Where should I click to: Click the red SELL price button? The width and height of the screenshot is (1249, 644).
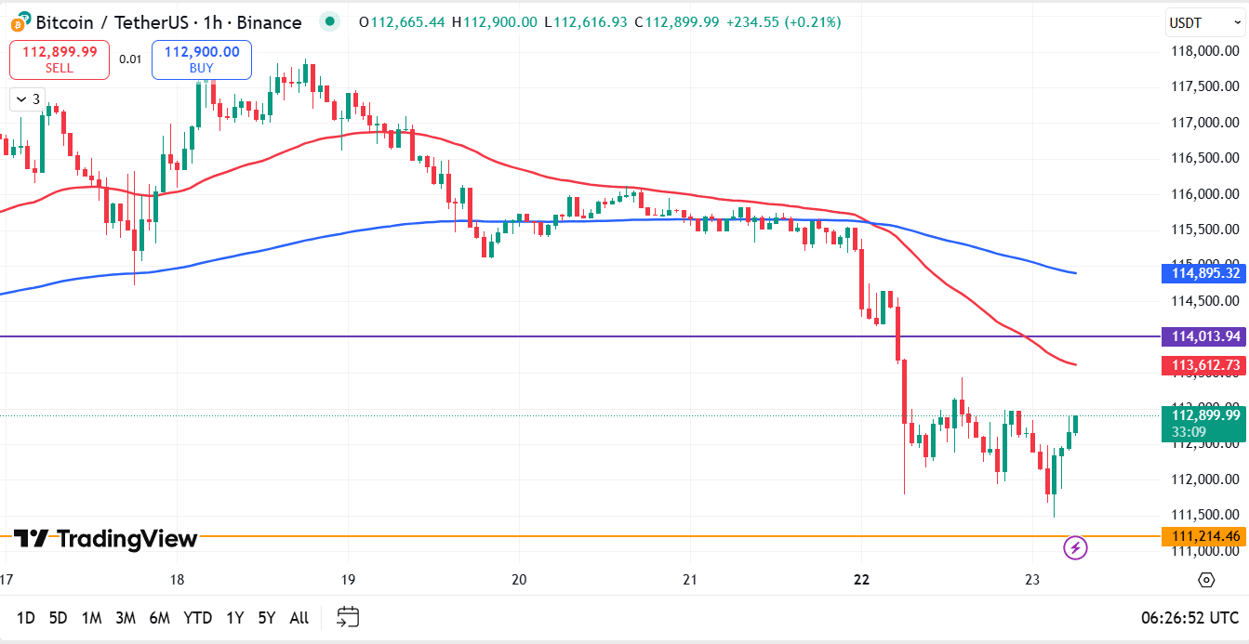coord(60,59)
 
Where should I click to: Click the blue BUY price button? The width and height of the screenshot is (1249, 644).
coord(202,59)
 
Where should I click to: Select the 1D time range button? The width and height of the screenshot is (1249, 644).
coord(26,617)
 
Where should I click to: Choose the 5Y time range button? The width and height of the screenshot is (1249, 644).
coord(267,617)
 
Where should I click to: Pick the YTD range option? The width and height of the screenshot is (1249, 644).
coord(197,617)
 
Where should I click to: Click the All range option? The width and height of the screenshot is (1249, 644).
coord(299,617)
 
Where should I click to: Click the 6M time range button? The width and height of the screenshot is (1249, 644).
coord(159,617)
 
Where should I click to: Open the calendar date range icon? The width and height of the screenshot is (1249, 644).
coord(348,616)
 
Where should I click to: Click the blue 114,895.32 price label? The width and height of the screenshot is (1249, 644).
coord(1204,272)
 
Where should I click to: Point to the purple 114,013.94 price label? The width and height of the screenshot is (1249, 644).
coord(1204,336)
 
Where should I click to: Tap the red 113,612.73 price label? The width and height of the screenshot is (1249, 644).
coord(1204,365)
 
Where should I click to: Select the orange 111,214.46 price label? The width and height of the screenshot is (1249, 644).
coord(1204,536)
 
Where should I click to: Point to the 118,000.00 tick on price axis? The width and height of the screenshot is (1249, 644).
coord(1205,51)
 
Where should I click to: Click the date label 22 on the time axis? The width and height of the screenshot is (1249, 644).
coord(861,579)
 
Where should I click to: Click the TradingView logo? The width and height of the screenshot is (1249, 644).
coord(105,539)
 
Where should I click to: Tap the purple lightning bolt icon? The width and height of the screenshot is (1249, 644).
coord(1075,547)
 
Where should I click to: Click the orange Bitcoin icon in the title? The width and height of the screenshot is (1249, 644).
coord(20,21)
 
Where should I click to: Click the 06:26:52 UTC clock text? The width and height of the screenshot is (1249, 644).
coord(1189,617)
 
